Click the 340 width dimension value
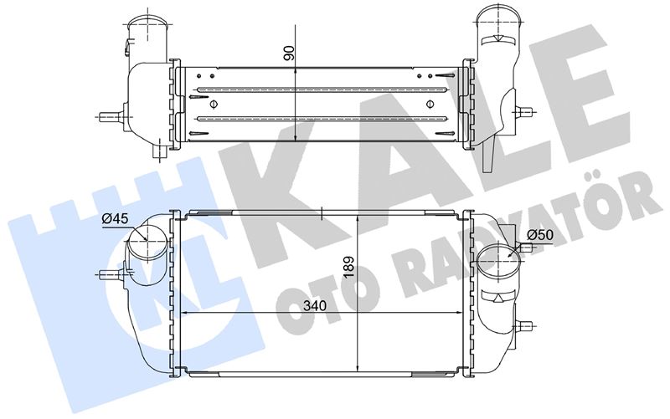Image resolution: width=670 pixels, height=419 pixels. point(315,305)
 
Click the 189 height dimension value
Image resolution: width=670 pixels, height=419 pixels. point(349,267)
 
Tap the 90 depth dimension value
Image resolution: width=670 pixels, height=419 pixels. point(289,53)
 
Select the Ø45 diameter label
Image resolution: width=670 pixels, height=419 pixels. point(115,219)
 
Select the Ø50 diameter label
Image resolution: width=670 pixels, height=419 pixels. point(540,235)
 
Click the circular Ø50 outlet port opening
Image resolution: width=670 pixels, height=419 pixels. point(499,258)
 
